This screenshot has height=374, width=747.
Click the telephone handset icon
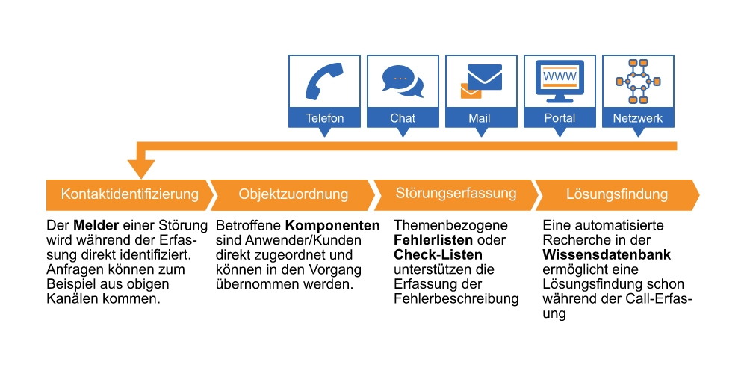click(x=324, y=81)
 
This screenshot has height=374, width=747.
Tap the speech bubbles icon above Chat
click(x=403, y=82)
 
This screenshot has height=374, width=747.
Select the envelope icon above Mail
click(x=481, y=81)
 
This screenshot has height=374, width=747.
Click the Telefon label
click(x=324, y=118)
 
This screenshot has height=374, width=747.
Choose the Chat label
click(x=403, y=118)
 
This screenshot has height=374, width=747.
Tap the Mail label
click(x=480, y=118)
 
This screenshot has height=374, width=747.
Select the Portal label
click(x=560, y=118)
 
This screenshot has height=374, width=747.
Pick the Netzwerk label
click(x=637, y=118)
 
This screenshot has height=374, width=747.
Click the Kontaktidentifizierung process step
click(x=129, y=194)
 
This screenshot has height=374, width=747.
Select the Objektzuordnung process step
click(x=293, y=194)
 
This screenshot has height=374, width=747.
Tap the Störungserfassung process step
click(x=456, y=194)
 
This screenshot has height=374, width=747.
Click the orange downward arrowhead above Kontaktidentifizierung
click(x=141, y=168)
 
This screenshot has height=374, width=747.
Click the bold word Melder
click(x=93, y=226)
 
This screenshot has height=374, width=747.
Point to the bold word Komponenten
click(x=332, y=226)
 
